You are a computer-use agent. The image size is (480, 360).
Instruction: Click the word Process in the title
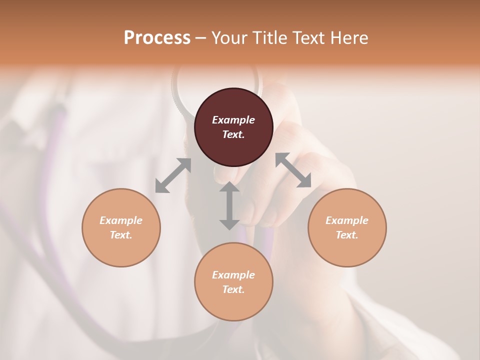157,38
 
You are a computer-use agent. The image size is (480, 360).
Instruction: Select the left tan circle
121,245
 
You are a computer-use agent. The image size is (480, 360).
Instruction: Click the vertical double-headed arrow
229,205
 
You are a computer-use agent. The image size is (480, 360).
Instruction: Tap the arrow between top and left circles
173,175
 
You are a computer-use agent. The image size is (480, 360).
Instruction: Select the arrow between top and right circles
293,170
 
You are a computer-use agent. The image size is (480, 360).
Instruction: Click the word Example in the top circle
233,120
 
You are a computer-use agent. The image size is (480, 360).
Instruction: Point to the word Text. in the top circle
233,134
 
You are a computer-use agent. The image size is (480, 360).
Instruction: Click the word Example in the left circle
121,220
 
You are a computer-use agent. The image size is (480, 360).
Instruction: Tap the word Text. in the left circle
121,235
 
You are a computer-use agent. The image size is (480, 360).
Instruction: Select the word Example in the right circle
347,220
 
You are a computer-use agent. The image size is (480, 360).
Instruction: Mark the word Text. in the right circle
347,235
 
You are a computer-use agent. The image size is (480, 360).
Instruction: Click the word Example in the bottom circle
233,275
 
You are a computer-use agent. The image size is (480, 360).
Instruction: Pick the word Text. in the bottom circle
233,289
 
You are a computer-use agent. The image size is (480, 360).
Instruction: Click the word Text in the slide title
309,38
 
